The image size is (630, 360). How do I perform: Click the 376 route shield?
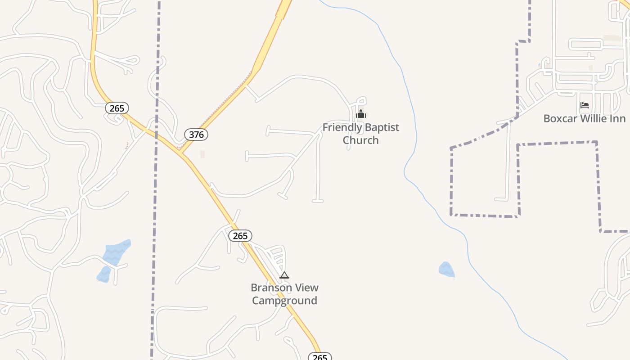point(196,135)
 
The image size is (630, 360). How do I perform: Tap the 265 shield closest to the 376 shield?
point(117,108)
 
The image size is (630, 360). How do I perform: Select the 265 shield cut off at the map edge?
point(319,357)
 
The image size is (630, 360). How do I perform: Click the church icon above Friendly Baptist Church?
point(360,114)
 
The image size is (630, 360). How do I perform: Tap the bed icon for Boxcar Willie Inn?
point(585,105)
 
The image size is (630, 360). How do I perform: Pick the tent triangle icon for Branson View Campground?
point(284,275)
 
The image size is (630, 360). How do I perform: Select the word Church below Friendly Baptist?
point(360,140)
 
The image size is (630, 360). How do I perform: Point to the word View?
point(307,288)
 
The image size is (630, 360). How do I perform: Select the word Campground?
point(284,301)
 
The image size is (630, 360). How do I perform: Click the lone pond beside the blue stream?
point(446,269)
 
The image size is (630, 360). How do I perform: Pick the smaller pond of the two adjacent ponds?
point(104,274)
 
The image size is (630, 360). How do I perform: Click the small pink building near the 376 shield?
point(202,154)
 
